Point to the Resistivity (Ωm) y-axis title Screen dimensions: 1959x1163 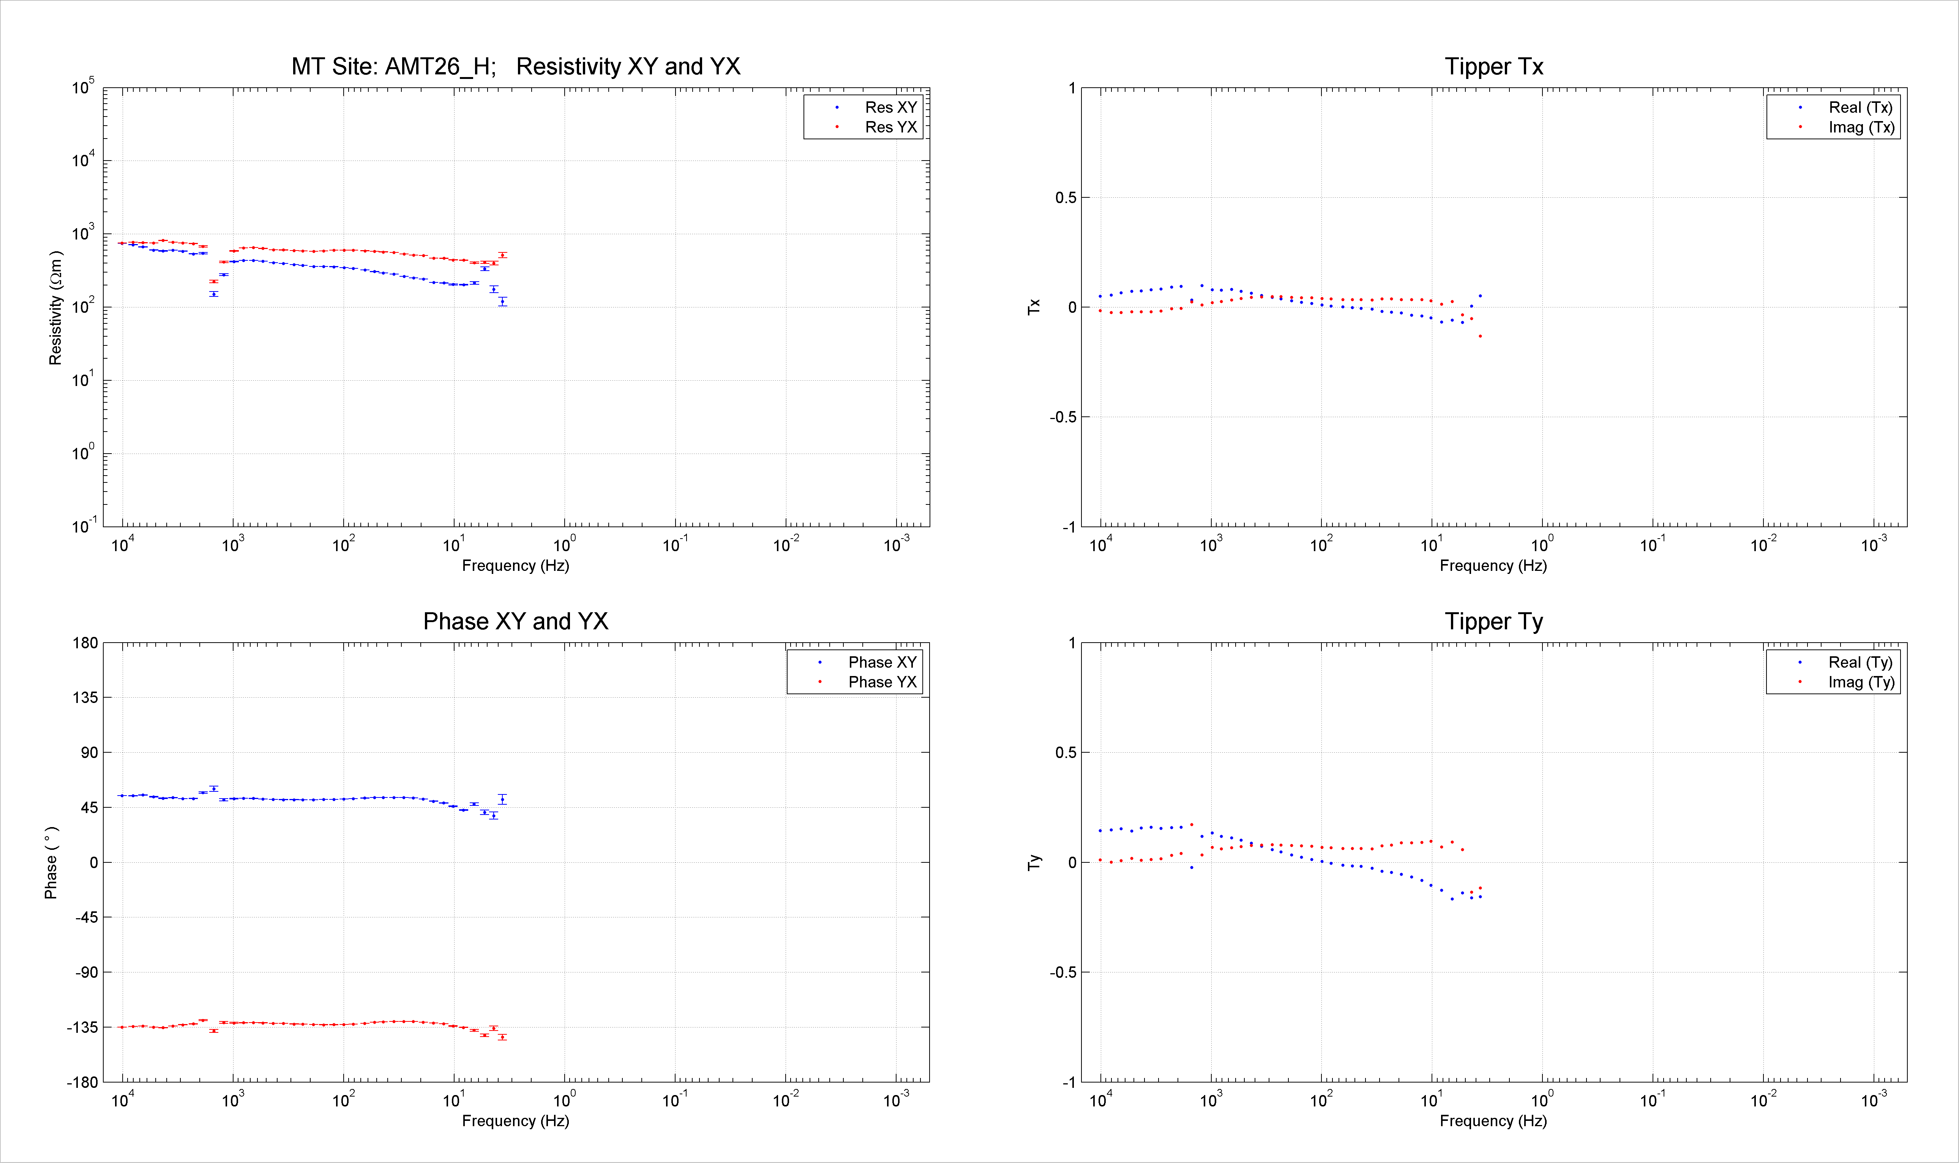55,308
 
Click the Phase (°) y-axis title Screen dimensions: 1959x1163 51,862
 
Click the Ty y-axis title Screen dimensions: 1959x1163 1035,862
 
